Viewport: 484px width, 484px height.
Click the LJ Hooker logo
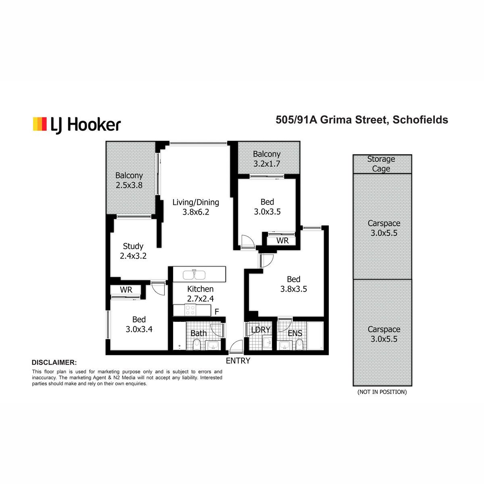[x=77, y=125]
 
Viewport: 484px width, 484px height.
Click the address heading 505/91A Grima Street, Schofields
[x=362, y=120]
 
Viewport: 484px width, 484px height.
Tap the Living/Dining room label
[x=196, y=207]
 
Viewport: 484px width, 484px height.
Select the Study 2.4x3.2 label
[x=133, y=251]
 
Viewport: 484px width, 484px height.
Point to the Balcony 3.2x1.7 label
[x=267, y=159]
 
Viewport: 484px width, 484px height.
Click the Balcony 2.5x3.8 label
[x=129, y=180]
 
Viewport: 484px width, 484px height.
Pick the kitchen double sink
[x=194, y=275]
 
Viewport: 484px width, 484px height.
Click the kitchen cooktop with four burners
[x=190, y=310]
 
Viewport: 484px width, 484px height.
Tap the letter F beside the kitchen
[x=217, y=312]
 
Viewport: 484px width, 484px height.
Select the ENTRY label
[x=238, y=361]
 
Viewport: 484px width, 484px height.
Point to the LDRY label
[x=261, y=330]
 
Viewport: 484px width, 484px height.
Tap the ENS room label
[x=295, y=333]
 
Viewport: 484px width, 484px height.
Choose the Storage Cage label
[x=381, y=164]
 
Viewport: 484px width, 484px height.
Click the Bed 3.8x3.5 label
[x=293, y=284]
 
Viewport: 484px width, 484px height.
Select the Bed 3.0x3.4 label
[x=139, y=324]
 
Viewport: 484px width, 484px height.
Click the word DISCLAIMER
[x=54, y=363]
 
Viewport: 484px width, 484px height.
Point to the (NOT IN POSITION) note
[x=382, y=392]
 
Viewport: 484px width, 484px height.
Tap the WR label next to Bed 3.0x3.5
[x=283, y=241]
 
